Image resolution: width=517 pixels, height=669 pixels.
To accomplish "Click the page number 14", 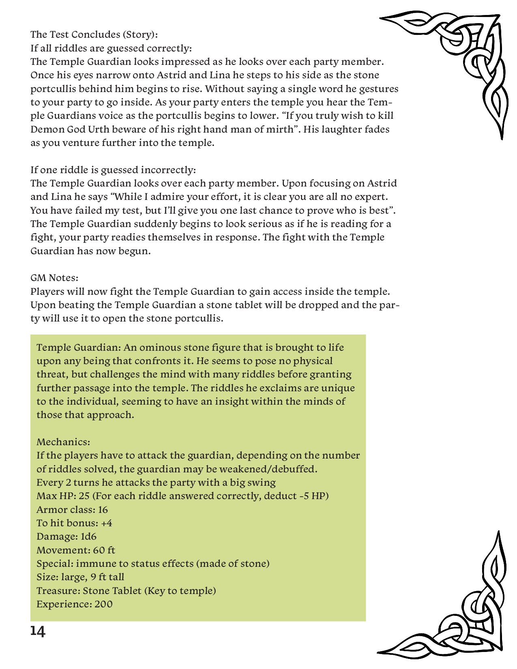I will (38, 631).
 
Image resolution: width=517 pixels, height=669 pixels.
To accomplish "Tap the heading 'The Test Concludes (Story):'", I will (94, 34).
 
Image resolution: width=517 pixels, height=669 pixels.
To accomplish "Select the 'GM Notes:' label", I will (54, 278).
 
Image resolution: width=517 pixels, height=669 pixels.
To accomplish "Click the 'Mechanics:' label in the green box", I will (63, 442).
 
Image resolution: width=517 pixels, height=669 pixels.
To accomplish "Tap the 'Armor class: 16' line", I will (72, 510).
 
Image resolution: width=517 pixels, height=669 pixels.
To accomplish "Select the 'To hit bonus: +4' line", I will (74, 523).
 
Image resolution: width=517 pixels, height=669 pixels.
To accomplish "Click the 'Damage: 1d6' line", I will (67, 536).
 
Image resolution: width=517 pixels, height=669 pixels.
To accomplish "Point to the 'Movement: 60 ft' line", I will (76, 550).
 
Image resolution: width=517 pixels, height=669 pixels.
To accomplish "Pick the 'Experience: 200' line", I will (75, 604).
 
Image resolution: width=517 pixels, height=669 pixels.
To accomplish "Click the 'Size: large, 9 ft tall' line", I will (80, 577).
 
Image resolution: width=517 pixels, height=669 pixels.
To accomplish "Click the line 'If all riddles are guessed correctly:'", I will (111, 48).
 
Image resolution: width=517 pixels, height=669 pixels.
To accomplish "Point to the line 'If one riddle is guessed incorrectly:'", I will (113, 169).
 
